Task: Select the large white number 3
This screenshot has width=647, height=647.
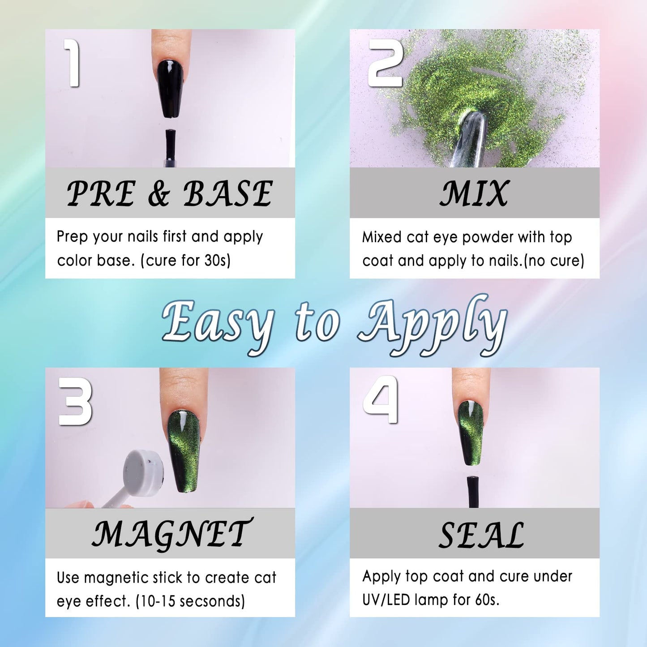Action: pyautogui.click(x=75, y=401)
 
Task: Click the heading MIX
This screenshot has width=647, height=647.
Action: pyautogui.click(x=474, y=193)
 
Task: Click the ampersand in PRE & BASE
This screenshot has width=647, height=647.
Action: pyautogui.click(x=159, y=194)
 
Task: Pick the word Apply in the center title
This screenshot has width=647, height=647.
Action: pyautogui.click(x=433, y=324)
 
